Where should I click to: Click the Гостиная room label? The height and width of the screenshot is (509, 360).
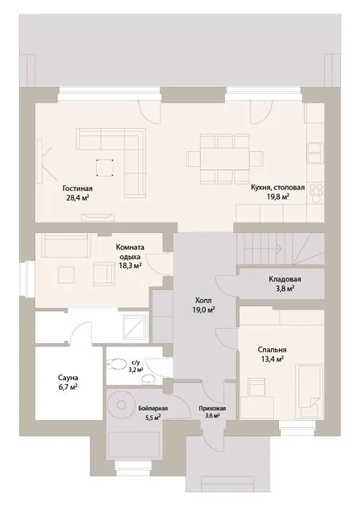pos(78,188)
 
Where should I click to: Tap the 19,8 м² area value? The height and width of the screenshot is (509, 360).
pos(277,196)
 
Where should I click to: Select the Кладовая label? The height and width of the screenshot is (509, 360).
pos(285,279)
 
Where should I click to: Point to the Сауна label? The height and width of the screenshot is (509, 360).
pos(68,378)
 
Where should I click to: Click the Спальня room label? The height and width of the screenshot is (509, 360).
pos(272,350)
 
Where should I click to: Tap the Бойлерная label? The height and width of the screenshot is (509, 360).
pos(153,408)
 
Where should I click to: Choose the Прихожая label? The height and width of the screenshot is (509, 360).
pos(212,408)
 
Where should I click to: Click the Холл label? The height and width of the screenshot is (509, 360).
pos(203,301)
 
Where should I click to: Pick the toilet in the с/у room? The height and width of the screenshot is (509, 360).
pos(116,364)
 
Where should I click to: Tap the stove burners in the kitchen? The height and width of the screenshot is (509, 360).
pos(315,193)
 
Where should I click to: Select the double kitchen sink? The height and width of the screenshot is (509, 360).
pos(315,153)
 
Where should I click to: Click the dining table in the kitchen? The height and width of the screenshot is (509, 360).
pos(225,159)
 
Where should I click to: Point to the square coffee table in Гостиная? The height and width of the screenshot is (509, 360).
pos(105,168)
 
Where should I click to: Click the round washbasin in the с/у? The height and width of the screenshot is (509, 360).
pos(149,379)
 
